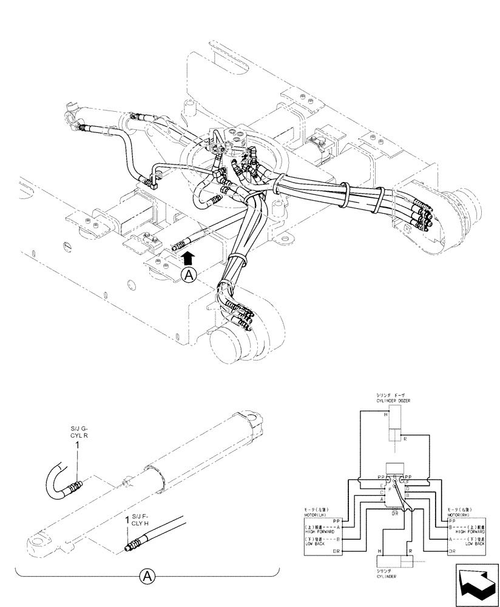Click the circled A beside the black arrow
tap(189, 275)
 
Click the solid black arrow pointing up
tap(189, 258)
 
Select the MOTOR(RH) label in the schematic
tap(460, 514)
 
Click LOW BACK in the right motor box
tap(475, 543)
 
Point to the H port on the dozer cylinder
tap(385, 415)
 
